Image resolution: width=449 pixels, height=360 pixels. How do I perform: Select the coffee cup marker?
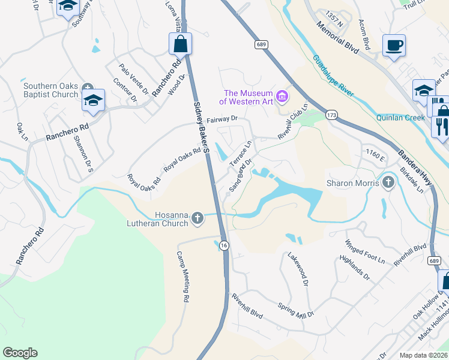(394, 46)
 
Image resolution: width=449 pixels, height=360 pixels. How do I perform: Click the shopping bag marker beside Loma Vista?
(181, 44)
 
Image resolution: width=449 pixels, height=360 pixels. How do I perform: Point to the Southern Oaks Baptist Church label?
(51, 90)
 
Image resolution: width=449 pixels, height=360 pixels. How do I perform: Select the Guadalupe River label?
(333, 76)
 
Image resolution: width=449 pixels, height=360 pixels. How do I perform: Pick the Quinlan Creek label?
(400, 118)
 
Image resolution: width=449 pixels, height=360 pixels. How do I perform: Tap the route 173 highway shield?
(331, 114)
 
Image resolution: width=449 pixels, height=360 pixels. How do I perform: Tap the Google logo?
(20, 353)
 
